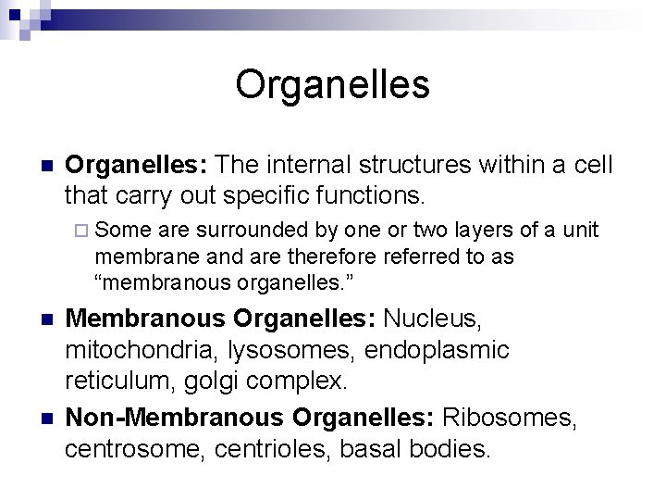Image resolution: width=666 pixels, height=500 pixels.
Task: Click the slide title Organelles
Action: [x=332, y=84]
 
